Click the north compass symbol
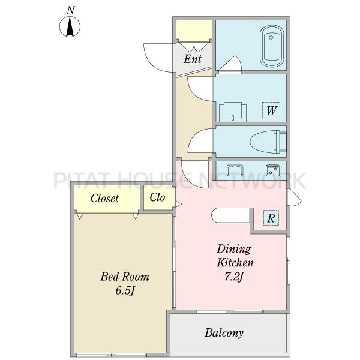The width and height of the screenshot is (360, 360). point(70,26)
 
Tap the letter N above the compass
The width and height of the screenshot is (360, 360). point(70,10)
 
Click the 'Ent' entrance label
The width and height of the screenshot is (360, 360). point(193,59)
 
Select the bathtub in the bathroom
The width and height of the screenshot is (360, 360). point(272,47)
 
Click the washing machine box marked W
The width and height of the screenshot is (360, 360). point(271,110)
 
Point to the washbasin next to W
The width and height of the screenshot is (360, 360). point(233,112)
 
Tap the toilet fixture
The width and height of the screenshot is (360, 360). point(268,142)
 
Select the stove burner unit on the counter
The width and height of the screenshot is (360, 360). point(272,170)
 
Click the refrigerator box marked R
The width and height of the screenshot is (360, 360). point(271,218)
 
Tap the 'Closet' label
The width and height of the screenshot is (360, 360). point(104,199)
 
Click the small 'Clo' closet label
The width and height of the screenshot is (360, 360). point(157,197)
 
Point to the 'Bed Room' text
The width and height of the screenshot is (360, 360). point(125,277)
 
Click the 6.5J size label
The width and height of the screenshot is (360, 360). point(124,291)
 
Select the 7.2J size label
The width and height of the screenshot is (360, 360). point(233,277)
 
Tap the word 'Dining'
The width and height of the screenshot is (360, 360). point(234,250)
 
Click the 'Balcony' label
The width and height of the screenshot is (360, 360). point(224,333)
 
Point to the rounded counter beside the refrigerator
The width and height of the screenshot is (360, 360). point(230,215)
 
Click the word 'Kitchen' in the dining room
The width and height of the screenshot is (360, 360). point(235,263)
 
